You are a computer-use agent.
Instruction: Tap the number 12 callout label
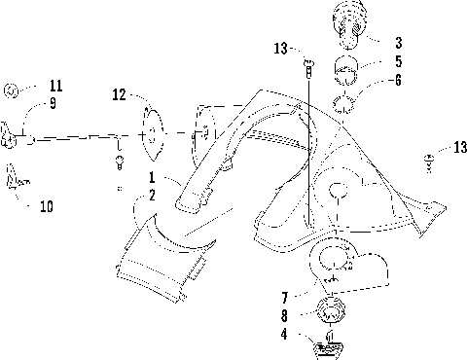pyautogui.click(x=120, y=95)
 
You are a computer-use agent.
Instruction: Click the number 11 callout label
pyautogui.click(x=54, y=86)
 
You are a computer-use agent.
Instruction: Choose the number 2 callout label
pyautogui.click(x=152, y=195)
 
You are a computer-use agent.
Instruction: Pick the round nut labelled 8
pyautogui.click(x=331, y=314)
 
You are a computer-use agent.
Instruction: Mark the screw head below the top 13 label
pyautogui.click(x=309, y=65)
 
